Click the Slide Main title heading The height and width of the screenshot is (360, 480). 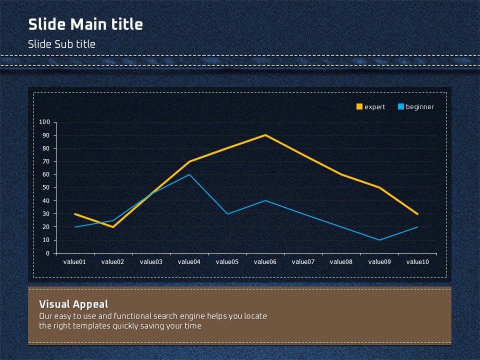(x=85, y=24)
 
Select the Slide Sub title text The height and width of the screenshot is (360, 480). (x=61, y=44)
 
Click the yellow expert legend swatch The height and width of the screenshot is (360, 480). (x=359, y=106)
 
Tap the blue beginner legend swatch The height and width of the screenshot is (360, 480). (x=400, y=106)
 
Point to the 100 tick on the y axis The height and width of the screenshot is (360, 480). (x=44, y=122)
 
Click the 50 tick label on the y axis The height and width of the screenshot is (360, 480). (x=46, y=187)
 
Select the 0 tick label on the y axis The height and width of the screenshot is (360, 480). (x=48, y=253)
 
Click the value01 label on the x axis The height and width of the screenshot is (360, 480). (x=74, y=261)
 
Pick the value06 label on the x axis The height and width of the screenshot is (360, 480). (x=265, y=261)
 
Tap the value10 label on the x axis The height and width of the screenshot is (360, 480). (x=417, y=261)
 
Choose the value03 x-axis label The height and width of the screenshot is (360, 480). (x=151, y=261)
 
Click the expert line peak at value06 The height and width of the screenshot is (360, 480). (x=265, y=135)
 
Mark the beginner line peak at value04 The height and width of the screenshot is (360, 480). (x=189, y=174)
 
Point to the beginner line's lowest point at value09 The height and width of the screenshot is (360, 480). (x=379, y=240)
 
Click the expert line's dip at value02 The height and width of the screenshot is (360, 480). (x=113, y=227)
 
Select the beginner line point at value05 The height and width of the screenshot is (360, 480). (x=227, y=214)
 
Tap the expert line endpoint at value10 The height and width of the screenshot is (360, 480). (x=417, y=214)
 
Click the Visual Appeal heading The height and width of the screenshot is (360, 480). (x=73, y=304)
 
